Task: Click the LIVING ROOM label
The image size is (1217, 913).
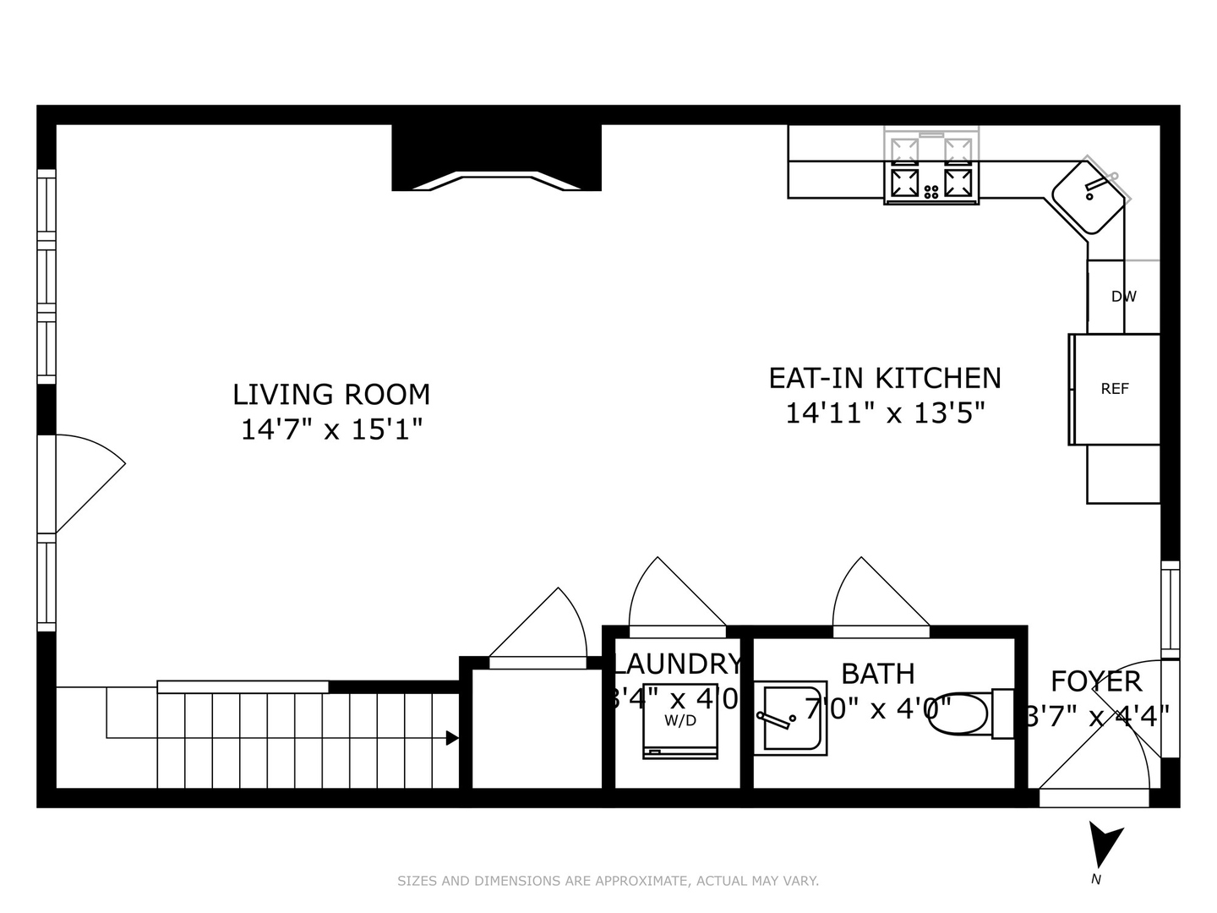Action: [331, 395]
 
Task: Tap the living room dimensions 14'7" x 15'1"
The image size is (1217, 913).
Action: [331, 429]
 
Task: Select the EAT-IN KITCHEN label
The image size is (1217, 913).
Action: [885, 378]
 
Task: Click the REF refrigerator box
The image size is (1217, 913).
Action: [1115, 389]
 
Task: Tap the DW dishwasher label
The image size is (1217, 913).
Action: [1123, 297]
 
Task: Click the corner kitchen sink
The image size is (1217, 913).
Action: [1089, 196]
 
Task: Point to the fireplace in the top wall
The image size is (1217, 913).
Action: [496, 161]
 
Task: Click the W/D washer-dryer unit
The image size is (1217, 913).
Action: [680, 721]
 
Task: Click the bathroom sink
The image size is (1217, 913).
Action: [789, 718]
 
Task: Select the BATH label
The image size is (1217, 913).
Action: [878, 674]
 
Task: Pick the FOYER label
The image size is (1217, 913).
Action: [1096, 681]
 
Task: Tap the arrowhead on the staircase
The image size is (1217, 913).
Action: [452, 738]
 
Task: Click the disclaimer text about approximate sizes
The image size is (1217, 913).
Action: [608, 881]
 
